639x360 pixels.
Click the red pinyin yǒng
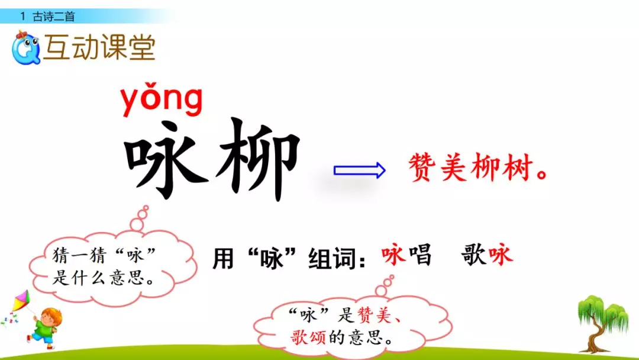161,101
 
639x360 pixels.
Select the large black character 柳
257,158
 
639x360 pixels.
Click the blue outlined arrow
359,171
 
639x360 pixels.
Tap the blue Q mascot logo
25,49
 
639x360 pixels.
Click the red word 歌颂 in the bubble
308,338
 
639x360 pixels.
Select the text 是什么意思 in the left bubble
98,278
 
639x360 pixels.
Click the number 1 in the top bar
22,17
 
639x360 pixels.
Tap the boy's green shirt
43,328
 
